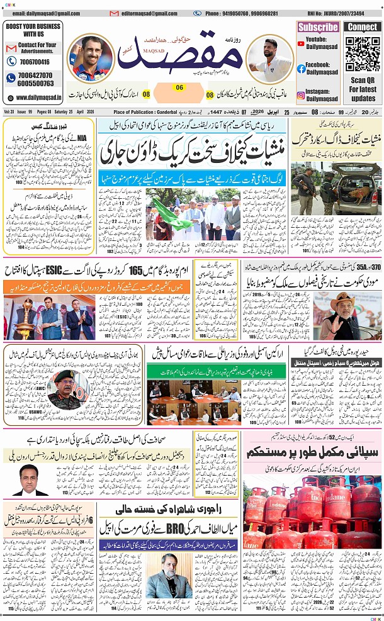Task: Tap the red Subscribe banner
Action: coord(318,27)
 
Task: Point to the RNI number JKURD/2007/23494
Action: coord(344,13)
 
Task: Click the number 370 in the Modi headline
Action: coord(373,270)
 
